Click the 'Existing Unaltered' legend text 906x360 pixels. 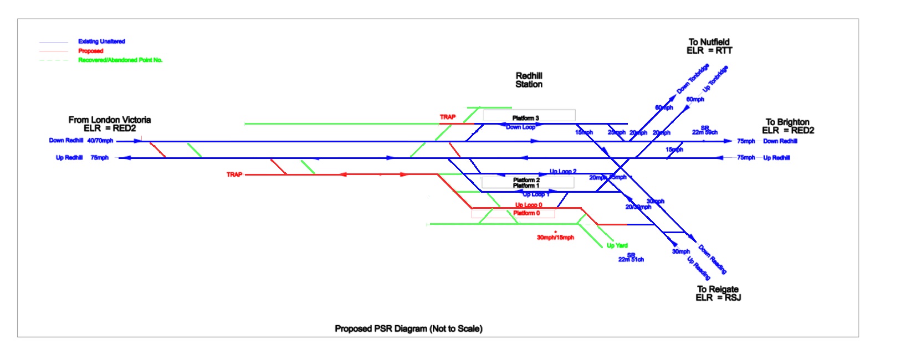(x=101, y=42)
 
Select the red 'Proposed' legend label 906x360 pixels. (x=90, y=51)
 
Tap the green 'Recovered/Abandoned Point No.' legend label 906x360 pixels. (x=120, y=60)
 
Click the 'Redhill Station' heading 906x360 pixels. (x=529, y=80)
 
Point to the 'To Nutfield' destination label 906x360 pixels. (x=709, y=42)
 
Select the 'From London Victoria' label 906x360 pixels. (x=110, y=120)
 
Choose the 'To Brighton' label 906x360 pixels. (x=787, y=122)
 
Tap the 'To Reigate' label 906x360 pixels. (x=718, y=289)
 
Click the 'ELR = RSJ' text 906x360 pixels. (x=718, y=298)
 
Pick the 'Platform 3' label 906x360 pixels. (x=525, y=118)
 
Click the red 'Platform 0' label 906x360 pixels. (x=526, y=213)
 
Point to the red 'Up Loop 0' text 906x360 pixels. (x=529, y=205)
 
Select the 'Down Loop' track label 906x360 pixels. (x=520, y=127)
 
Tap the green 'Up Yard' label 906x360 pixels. (x=617, y=245)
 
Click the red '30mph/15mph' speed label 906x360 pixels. (x=555, y=238)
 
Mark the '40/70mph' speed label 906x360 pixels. (x=100, y=141)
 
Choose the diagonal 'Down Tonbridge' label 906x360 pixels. (x=693, y=79)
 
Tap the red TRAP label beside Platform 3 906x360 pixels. (x=448, y=117)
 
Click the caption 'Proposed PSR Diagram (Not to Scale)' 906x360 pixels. (x=408, y=328)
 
